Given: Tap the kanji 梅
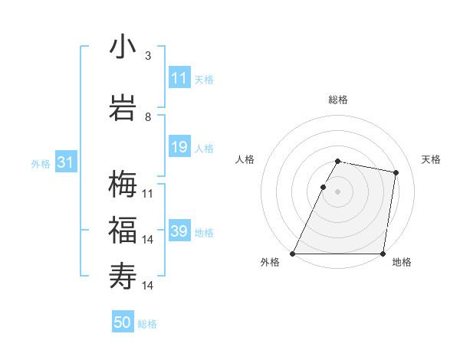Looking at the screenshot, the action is click(123, 185).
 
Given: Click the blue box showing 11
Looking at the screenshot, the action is click(179, 78).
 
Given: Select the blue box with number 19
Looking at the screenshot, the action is click(179, 147).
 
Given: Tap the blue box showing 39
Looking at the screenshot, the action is click(179, 231).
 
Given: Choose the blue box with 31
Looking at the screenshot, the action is click(65, 162).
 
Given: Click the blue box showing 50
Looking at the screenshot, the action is click(123, 322).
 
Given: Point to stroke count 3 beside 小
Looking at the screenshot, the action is click(148, 56).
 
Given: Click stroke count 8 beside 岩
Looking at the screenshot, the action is click(148, 117).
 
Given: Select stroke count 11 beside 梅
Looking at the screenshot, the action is click(148, 194).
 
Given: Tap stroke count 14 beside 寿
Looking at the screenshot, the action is click(148, 285).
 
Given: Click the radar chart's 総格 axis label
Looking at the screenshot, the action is click(338, 100).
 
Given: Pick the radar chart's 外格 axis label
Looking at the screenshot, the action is click(270, 262).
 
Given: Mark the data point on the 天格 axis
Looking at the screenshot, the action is click(396, 173).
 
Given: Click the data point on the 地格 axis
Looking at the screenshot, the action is click(383, 253).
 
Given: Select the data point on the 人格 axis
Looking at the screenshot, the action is click(323, 187).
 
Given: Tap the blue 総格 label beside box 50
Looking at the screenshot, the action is click(147, 324).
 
